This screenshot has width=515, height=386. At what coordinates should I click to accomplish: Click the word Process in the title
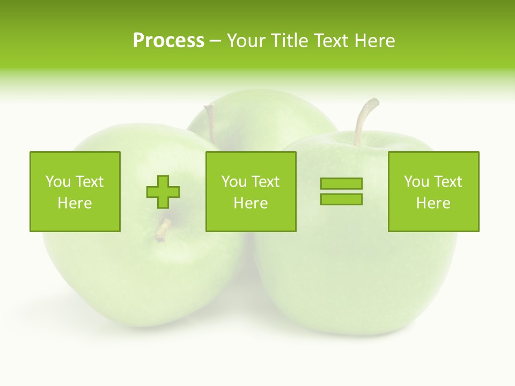(168, 41)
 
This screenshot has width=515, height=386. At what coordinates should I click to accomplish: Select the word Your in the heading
(245, 41)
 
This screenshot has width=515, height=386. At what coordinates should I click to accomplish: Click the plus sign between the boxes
(163, 192)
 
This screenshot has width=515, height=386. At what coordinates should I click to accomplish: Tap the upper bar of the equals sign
(341, 183)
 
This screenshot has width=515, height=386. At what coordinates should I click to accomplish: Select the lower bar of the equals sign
(341, 199)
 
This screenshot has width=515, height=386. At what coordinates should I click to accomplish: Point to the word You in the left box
(57, 182)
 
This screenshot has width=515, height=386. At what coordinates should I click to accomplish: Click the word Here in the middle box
(251, 203)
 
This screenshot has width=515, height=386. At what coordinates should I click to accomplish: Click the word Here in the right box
(433, 203)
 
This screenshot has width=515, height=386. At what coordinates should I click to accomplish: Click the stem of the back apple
(210, 122)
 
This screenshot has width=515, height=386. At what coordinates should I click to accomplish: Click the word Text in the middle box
(264, 182)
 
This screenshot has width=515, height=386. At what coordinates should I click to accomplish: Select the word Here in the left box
(75, 203)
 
